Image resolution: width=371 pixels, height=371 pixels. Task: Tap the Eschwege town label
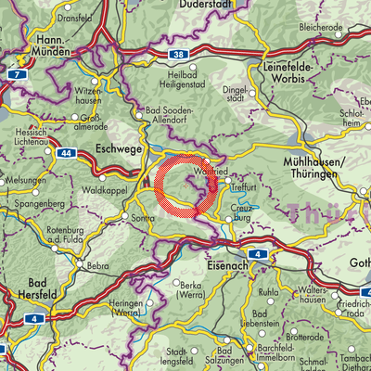[x=116, y=146]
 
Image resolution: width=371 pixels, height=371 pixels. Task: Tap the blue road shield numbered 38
[x=177, y=55]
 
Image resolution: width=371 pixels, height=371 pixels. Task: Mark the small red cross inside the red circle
[x=186, y=186]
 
